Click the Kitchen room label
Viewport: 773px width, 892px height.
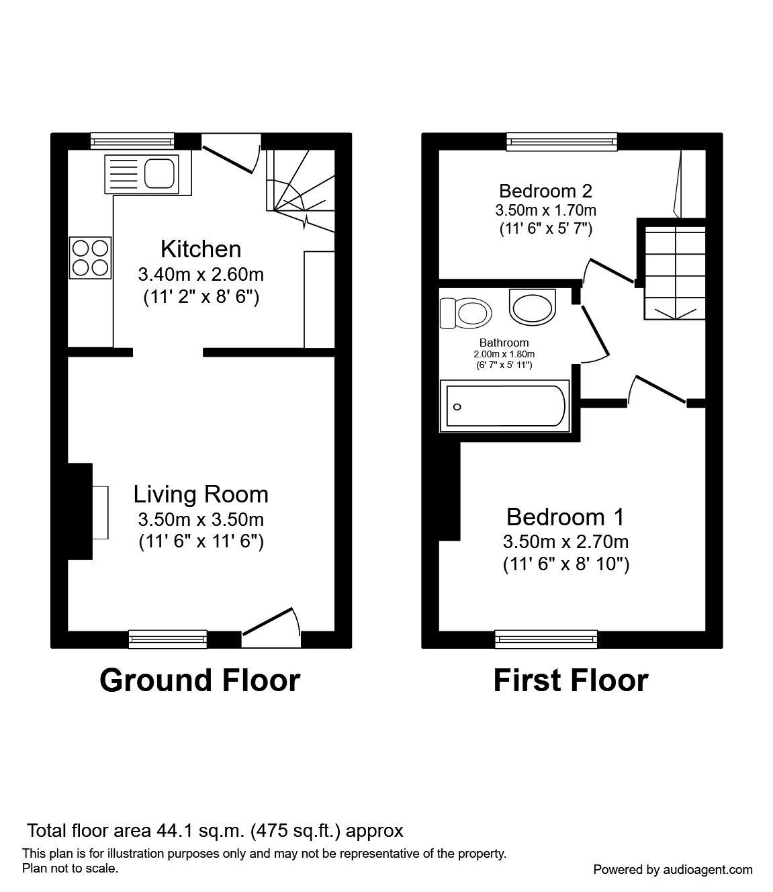click(x=200, y=249)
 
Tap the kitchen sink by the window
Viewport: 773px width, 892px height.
click(x=141, y=173)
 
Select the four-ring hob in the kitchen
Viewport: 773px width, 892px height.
click(x=91, y=258)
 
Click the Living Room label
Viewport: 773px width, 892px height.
click(x=200, y=494)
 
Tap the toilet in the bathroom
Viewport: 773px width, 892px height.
click(x=465, y=312)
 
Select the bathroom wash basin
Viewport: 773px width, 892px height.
click(x=533, y=306)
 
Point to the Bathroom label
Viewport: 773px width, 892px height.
click(x=504, y=343)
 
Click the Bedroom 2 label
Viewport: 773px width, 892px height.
click(x=545, y=191)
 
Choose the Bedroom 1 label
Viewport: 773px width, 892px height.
click(x=565, y=517)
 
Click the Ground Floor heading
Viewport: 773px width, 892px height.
click(x=199, y=680)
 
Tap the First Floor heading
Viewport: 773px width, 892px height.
click(x=570, y=680)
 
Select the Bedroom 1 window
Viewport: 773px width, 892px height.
click(x=546, y=639)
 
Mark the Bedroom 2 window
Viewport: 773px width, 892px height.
click(x=561, y=141)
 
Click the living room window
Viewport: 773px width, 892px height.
click(x=167, y=639)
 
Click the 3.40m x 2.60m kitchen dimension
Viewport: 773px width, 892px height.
click(x=200, y=274)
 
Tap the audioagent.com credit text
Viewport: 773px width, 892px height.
click(x=672, y=869)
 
